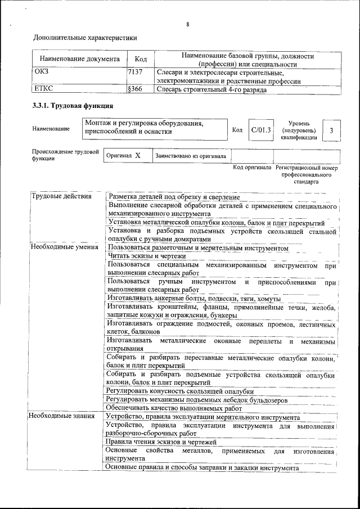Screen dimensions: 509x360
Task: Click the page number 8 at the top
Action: click(x=188, y=24)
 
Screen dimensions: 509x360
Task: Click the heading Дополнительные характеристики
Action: click(x=85, y=38)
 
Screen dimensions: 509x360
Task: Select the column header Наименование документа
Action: click(x=79, y=59)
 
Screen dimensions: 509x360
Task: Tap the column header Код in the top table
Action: click(x=141, y=59)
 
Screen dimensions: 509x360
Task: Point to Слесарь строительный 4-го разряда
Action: click(x=211, y=89)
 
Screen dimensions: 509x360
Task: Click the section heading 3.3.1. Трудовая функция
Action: click(x=73, y=106)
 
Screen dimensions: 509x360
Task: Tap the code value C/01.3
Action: click(x=261, y=130)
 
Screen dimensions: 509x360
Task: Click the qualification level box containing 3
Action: click(x=332, y=130)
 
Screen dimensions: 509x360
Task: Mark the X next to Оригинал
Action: click(x=137, y=156)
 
